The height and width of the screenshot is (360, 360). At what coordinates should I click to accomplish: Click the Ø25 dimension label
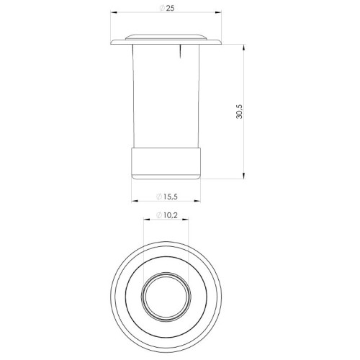[167, 8]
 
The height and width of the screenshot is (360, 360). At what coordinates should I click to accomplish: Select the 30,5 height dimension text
[240, 112]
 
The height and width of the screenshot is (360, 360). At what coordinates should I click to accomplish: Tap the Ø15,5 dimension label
[167, 197]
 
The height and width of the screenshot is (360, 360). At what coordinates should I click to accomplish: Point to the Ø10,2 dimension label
[167, 215]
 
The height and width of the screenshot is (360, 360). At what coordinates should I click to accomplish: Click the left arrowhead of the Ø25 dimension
[113, 12]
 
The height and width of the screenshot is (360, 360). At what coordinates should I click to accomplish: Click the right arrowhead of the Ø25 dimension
[218, 12]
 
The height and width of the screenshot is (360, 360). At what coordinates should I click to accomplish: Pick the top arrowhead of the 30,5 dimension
[244, 48]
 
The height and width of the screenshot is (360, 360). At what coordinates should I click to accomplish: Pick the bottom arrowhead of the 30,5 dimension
[244, 176]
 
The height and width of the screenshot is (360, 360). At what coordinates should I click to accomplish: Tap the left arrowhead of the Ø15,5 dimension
[135, 201]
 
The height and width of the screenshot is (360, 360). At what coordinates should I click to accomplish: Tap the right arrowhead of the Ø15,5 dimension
[197, 201]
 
